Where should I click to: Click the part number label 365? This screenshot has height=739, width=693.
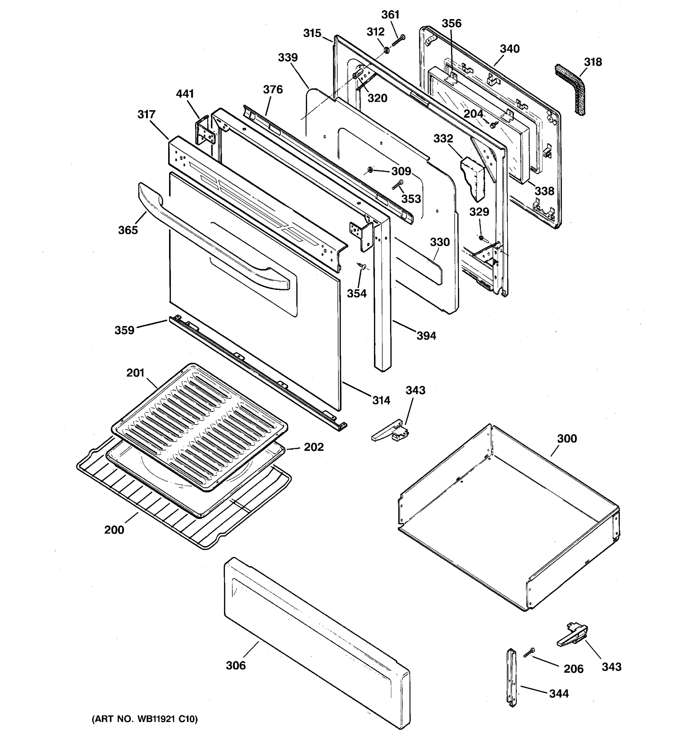(128, 230)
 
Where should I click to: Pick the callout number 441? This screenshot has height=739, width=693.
(185, 94)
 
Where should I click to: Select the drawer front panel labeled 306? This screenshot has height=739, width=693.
(316, 643)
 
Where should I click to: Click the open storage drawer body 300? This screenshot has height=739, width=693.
(509, 520)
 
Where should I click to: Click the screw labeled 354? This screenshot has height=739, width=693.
(362, 265)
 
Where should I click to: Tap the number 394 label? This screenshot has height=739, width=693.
(426, 336)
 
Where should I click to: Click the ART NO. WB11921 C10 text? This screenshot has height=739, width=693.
(145, 719)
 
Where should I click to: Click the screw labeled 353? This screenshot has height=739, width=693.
(398, 185)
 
